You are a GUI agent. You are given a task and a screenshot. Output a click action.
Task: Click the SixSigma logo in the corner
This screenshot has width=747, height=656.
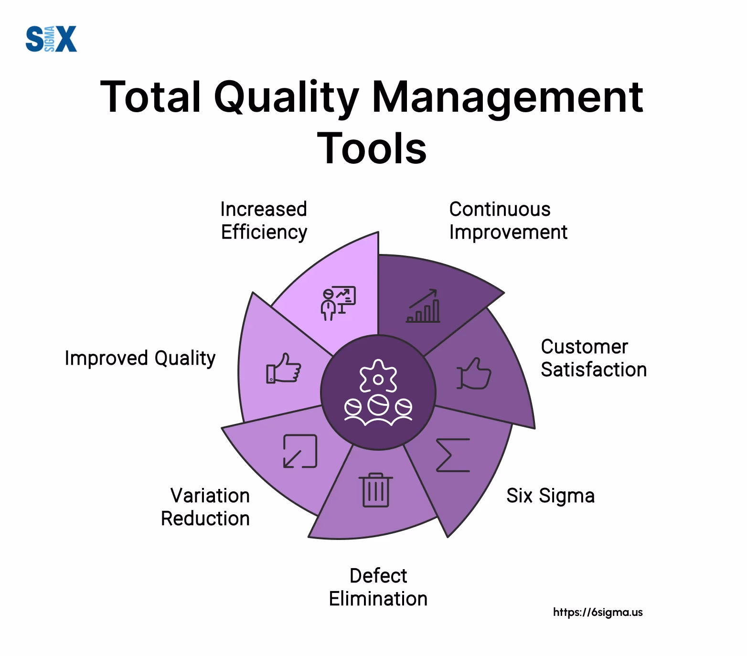51,39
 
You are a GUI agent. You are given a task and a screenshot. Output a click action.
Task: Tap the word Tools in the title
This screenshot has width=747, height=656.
372,148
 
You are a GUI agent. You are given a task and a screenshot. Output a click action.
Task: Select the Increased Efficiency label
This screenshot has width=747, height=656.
264,221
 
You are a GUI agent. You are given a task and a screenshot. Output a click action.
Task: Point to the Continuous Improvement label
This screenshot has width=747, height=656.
508,221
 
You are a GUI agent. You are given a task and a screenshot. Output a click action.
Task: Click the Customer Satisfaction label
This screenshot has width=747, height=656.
593,358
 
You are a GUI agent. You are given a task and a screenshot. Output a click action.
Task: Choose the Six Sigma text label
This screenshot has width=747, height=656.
550,496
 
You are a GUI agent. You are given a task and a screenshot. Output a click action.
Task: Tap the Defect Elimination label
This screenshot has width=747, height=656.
378,587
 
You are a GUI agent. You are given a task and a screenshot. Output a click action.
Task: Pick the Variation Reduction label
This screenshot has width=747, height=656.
205,507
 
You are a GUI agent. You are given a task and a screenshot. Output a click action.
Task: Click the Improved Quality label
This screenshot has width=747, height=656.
140,358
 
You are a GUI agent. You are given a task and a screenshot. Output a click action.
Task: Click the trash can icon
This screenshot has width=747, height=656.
376,490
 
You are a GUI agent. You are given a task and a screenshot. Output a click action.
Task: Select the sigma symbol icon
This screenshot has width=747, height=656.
453,455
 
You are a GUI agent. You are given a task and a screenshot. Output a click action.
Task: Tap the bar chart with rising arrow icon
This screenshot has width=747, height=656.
424,306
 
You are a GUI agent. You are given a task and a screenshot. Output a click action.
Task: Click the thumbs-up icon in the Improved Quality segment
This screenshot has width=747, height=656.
284,368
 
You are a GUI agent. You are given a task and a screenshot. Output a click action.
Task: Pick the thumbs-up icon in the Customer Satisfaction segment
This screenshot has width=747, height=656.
474,374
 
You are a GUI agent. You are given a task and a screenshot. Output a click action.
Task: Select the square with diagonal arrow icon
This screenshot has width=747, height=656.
300,451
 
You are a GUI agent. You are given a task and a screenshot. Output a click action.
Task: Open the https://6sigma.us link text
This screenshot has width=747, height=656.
598,612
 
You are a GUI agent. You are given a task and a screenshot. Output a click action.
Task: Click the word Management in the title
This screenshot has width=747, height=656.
507,97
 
